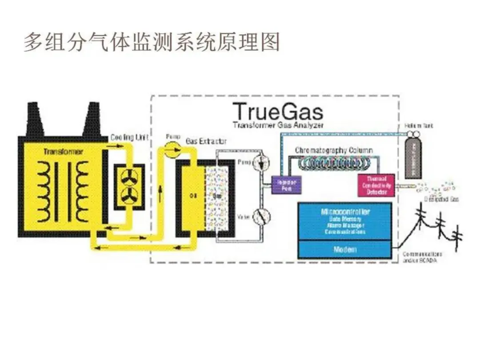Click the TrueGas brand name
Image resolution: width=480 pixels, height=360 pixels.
coord(278,111)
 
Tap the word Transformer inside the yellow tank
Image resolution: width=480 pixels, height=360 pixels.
coord(63,152)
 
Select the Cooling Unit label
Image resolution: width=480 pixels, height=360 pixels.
coord(129,137)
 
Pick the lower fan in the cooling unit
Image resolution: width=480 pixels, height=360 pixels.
coord(129,195)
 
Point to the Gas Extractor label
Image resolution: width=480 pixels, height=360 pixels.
coord(206,141)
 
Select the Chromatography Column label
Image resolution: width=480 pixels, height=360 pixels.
coord(334,150)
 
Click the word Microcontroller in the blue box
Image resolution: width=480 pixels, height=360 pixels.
coord(345,212)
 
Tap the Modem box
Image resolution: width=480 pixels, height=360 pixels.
coord(345,249)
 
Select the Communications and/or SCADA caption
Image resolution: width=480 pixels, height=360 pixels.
coord(422,257)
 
